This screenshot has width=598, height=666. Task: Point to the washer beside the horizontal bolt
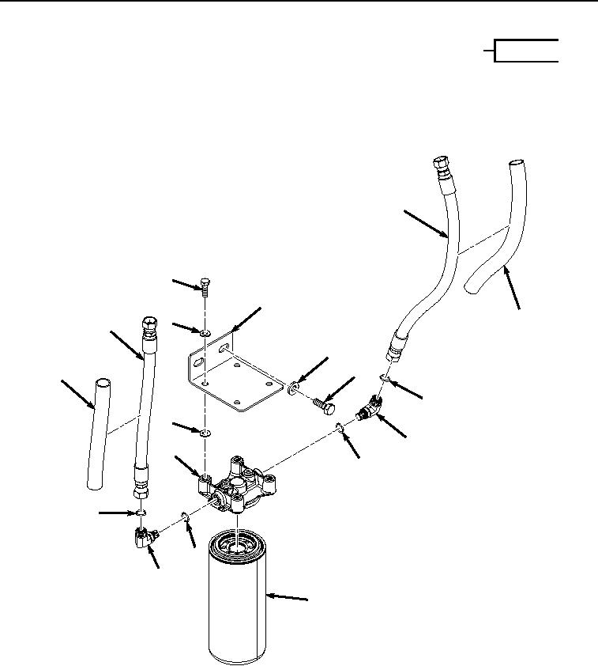pyautogui.click(x=294, y=387)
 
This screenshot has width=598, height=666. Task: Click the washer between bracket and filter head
pyautogui.click(x=205, y=434)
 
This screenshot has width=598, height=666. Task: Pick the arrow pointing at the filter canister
pyautogui.click(x=288, y=599)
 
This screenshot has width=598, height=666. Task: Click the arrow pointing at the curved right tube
pyautogui.click(x=512, y=289)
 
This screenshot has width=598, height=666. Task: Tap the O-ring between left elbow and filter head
pyautogui.click(x=183, y=517)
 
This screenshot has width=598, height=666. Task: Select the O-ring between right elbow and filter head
pyautogui.click(x=338, y=429)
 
